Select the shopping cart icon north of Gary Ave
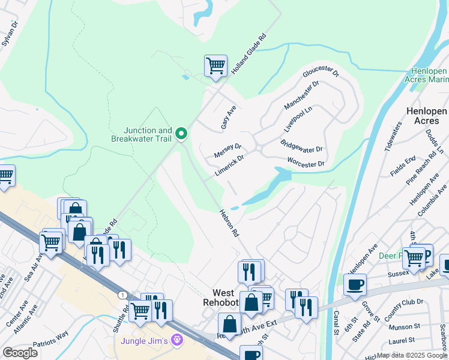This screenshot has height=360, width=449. [215, 66]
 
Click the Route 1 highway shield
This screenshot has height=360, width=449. [122, 295]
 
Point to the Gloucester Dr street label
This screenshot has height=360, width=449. [321, 81]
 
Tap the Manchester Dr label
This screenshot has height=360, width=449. [301, 95]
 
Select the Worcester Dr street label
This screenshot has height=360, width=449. [306, 163]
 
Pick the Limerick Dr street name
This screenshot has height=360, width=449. [229, 167]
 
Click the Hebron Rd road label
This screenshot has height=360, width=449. [229, 222]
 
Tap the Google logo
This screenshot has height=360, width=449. [20, 353]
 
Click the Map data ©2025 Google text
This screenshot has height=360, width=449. [412, 355]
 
